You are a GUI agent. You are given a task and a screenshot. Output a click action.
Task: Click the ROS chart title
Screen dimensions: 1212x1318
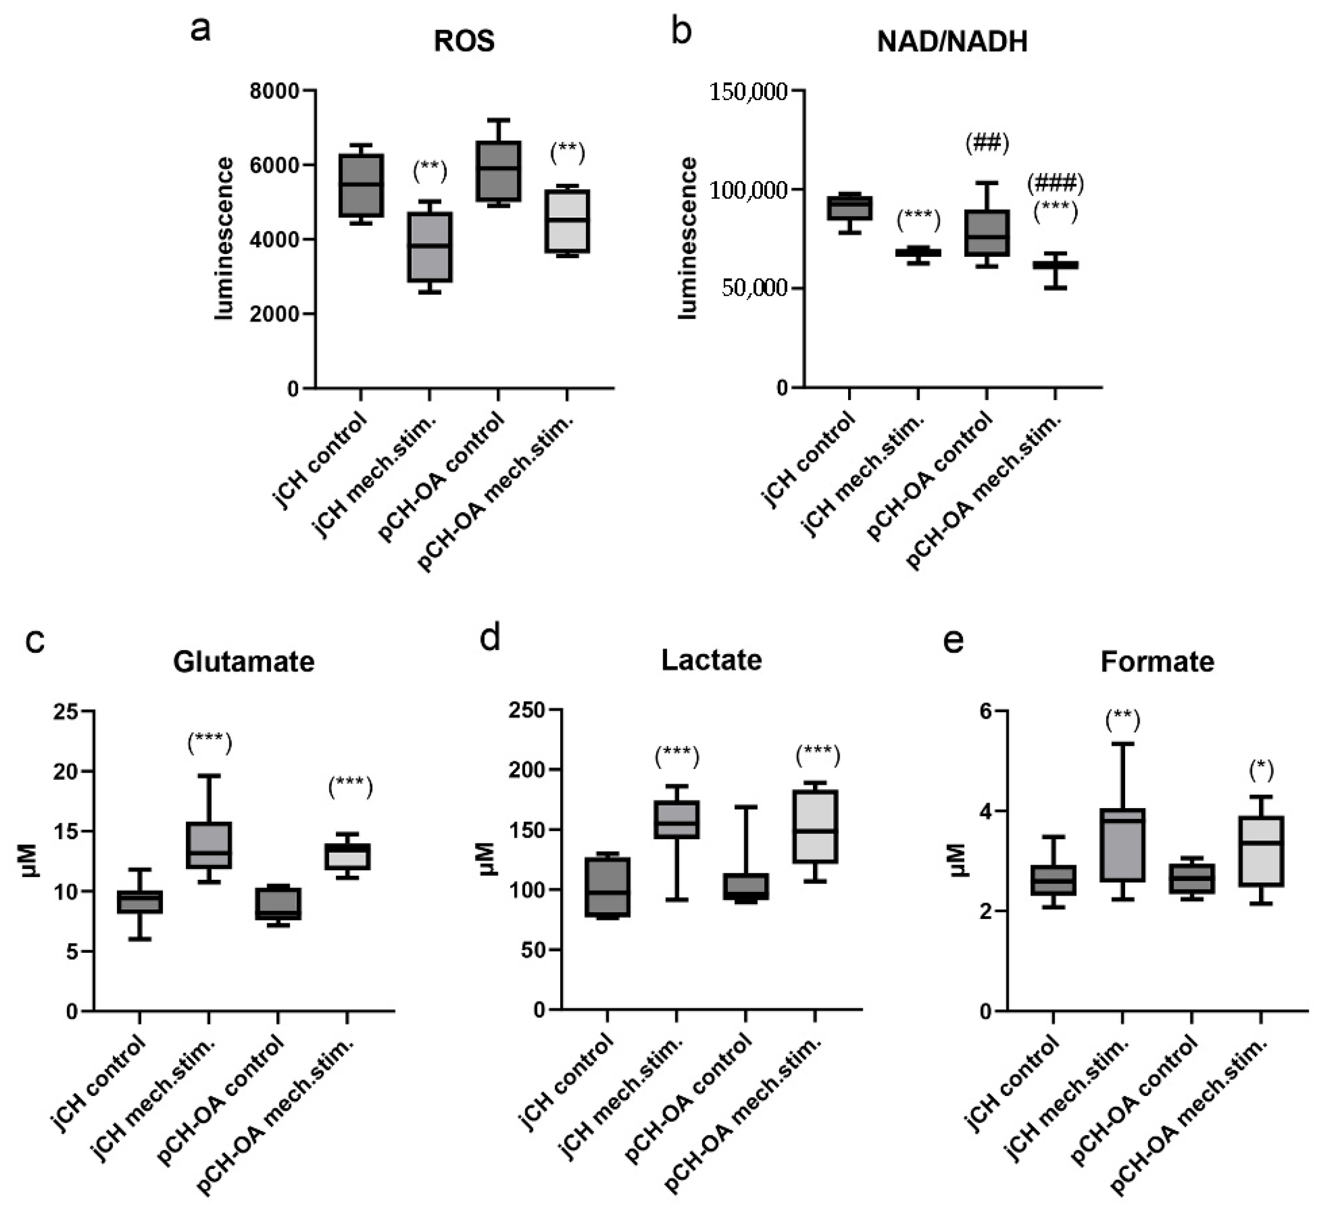click(x=464, y=42)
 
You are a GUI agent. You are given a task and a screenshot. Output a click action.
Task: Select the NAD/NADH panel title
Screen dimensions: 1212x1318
click(x=952, y=42)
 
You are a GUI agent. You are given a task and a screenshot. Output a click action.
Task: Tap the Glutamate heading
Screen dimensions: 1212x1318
click(x=243, y=661)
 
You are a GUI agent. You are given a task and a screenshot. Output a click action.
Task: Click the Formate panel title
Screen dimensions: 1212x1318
click(x=1157, y=661)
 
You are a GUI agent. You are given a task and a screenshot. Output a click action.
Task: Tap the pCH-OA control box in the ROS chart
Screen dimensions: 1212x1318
click(x=498, y=171)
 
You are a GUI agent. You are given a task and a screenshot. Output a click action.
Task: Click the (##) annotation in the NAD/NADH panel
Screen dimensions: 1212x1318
click(x=986, y=143)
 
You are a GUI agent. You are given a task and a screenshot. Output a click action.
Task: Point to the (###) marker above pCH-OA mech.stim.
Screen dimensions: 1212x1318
click(x=1055, y=184)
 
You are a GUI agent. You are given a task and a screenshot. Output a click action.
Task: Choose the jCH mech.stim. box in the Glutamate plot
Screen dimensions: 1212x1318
click(x=209, y=846)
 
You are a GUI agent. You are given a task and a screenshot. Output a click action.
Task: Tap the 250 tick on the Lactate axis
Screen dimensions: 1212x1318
click(x=527, y=711)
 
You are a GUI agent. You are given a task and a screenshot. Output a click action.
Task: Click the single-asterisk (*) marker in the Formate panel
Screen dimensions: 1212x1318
click(x=1260, y=771)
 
